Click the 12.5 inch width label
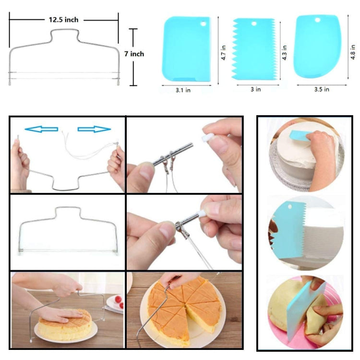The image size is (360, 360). (x=63, y=20)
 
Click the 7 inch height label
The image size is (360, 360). (x=134, y=54)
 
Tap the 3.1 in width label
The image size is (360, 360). (x=182, y=90)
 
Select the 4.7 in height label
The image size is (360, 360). (x=224, y=53)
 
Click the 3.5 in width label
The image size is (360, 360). (x=321, y=89)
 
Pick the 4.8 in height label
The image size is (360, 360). (x=353, y=52)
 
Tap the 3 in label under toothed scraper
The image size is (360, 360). (x=256, y=89)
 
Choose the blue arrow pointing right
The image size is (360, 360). (x=94, y=129)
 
